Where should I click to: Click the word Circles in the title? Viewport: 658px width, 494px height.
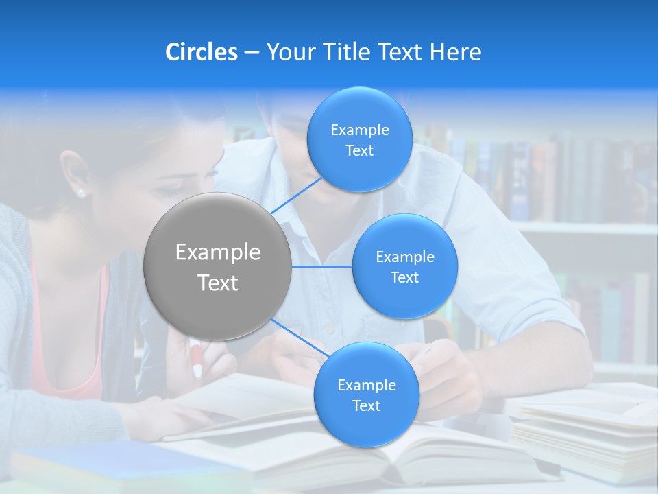click(x=202, y=52)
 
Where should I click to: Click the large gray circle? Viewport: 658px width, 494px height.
click(x=217, y=267)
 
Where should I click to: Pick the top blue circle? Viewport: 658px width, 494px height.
click(x=359, y=140)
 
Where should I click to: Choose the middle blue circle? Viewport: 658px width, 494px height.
click(x=404, y=267)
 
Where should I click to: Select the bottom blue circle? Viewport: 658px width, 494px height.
click(x=366, y=395)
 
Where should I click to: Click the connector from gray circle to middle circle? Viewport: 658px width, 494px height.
click(x=321, y=266)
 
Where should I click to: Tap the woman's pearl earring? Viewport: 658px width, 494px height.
click(x=82, y=193)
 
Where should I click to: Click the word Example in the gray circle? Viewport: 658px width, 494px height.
click(x=217, y=252)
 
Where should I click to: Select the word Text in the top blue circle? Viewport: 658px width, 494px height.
click(x=359, y=151)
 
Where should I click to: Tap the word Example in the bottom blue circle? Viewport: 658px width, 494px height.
click(x=366, y=385)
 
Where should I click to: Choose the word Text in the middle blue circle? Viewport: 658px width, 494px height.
click(x=404, y=278)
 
